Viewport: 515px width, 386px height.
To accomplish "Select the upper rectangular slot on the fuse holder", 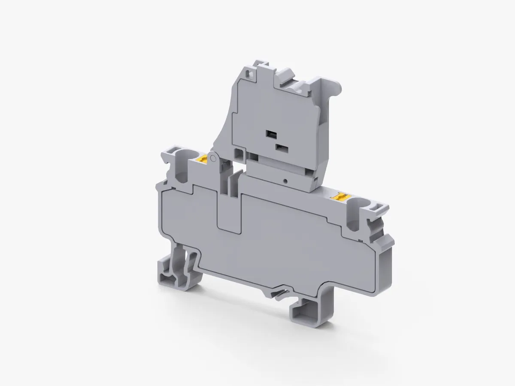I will tap(271, 135).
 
